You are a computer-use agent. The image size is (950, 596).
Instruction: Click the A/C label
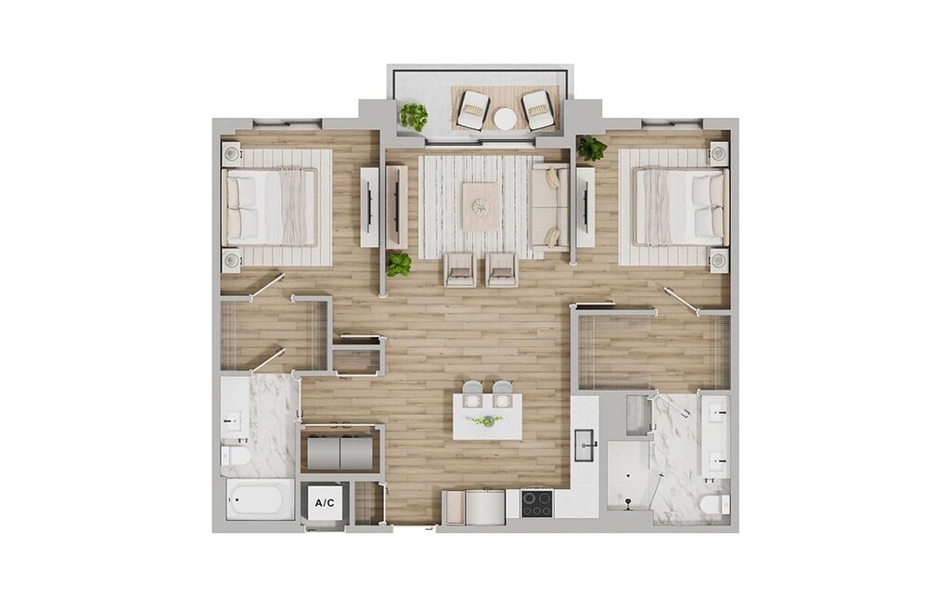[x=324, y=502]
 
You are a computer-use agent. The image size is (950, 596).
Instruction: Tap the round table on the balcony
[x=506, y=119]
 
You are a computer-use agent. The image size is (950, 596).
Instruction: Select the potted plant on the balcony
[x=413, y=116]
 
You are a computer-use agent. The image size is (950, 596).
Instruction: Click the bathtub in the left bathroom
[x=260, y=499]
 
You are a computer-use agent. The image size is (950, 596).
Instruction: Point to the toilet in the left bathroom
[x=235, y=456]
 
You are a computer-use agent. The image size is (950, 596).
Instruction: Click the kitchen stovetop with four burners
[x=537, y=504]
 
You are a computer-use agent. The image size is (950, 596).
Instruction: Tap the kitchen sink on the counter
[x=584, y=445]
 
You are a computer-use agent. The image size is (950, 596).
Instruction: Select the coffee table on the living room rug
[x=481, y=207]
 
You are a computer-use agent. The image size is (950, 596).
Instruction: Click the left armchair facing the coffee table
[x=460, y=270]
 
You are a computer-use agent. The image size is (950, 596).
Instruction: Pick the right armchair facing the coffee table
[x=502, y=270]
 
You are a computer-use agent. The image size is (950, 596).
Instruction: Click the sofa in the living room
[x=550, y=207]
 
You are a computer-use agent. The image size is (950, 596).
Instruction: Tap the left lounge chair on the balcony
[x=472, y=110]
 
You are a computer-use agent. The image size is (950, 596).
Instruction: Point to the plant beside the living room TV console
[x=399, y=265]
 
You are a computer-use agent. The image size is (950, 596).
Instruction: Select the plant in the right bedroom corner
[x=591, y=149]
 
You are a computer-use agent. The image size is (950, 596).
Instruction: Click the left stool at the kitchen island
[x=472, y=393]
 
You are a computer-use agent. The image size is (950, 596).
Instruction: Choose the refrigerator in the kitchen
[x=484, y=508]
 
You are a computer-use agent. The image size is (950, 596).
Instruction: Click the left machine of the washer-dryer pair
[x=323, y=452]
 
